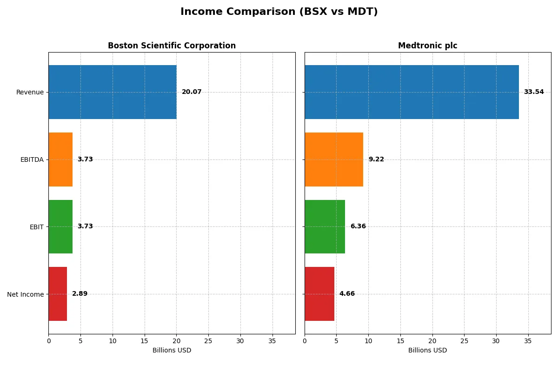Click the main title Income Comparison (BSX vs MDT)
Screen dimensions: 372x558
point(279,12)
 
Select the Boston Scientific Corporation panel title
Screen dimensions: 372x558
point(172,46)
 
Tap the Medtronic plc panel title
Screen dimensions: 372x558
point(427,46)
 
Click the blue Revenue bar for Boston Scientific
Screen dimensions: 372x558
point(113,92)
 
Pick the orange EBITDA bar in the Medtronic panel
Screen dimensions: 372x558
point(334,159)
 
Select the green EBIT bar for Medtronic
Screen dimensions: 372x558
point(325,226)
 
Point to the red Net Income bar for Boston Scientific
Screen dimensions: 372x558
point(58,294)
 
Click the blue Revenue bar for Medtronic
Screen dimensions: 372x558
point(412,92)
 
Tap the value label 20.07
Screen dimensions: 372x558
point(192,92)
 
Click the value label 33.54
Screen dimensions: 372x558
point(533,92)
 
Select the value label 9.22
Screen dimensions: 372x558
point(376,159)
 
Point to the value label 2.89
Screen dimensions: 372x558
point(80,294)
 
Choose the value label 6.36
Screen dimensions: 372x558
point(358,226)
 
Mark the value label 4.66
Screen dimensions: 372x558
point(347,294)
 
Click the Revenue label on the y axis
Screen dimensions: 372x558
point(30,92)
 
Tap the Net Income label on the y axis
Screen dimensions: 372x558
point(25,294)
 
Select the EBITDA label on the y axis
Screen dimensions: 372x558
point(32,159)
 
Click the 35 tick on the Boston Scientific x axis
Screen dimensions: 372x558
point(272,341)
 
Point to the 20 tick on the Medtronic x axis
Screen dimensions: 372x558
point(432,341)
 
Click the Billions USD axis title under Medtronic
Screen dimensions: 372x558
point(427,350)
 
